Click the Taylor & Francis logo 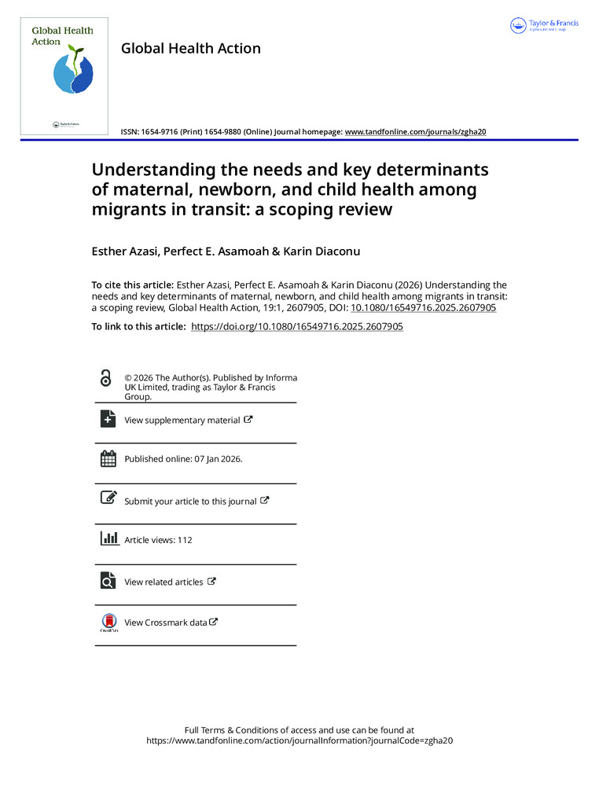544,25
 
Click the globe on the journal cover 72,72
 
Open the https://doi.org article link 297,326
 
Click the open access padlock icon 106,379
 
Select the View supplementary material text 182,421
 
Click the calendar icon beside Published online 108,458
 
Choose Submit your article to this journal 190,501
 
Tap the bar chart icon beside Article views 108,539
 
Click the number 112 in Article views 185,540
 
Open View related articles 164,582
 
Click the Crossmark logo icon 108,622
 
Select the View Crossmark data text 165,623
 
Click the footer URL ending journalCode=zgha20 299,740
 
